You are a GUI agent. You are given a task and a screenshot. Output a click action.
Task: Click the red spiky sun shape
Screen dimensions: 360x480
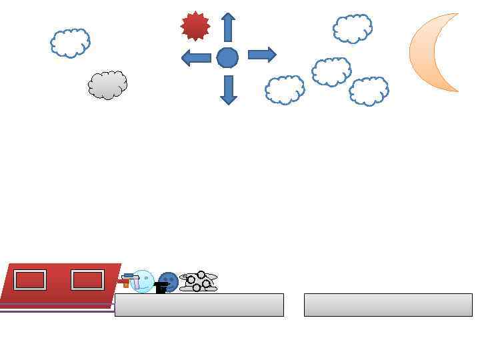pos(195,26)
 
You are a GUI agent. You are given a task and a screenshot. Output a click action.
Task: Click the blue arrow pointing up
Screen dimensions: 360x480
pos(228,27)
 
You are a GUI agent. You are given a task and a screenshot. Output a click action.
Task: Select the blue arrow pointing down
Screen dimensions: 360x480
pos(228,89)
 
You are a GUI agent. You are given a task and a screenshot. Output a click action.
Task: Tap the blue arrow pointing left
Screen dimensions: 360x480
pos(196,57)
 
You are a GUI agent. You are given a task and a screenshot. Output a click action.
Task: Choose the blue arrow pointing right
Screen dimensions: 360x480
pos(262,55)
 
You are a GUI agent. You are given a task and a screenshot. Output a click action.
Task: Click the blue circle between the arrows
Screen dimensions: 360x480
pos(227,57)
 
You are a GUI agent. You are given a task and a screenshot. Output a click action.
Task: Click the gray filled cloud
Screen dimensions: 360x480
pos(107,85)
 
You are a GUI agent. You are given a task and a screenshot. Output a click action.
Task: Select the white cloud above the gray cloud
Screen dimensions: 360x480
pos(70,43)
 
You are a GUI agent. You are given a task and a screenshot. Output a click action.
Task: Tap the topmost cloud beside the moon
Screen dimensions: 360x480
pos(352,29)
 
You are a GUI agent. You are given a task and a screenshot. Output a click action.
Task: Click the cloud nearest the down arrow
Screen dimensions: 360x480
pos(285,89)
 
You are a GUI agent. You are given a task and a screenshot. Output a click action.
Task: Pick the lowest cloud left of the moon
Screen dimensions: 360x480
pos(369,91)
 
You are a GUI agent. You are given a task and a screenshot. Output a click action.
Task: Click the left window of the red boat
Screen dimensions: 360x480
pos(30,280)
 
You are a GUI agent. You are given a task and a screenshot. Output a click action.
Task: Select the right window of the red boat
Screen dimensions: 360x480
pos(87,280)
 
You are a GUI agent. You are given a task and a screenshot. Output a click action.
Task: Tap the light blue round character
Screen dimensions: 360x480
pos(142,281)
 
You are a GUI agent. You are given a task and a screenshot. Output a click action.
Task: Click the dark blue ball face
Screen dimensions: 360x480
pos(169,281)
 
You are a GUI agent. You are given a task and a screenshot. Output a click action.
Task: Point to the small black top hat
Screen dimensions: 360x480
pos(161,288)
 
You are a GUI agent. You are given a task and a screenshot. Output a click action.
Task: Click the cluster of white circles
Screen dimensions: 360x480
pos(199,281)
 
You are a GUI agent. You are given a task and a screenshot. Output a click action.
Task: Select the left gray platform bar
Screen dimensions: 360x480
pos(199,305)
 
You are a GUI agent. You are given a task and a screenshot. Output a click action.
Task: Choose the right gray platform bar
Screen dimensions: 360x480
pos(388,305)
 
